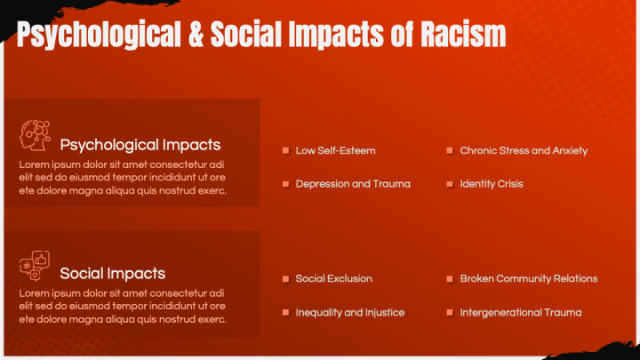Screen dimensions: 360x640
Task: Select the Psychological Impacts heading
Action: [x=140, y=145]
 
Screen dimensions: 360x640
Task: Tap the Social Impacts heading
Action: [x=112, y=273]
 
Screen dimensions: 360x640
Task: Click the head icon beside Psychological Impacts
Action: [x=34, y=136]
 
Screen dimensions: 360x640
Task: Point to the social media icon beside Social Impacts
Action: [x=34, y=265]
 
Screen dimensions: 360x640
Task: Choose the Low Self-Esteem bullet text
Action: [x=335, y=151]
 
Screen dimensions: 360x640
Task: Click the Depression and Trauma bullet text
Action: [x=353, y=184]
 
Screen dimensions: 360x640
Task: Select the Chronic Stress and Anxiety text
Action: [x=524, y=151]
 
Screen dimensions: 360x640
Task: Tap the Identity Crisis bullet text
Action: [x=492, y=184]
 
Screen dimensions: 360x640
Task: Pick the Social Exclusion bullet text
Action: [x=333, y=279]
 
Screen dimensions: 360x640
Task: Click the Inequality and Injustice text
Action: [x=349, y=313]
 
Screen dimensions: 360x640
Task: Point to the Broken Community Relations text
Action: [x=528, y=279]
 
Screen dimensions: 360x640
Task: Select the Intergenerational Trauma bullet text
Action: [x=520, y=313]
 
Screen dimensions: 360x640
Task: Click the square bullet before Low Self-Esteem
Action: [x=286, y=151]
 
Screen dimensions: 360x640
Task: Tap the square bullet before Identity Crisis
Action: [x=451, y=184]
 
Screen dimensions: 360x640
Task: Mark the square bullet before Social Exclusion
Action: [x=286, y=279]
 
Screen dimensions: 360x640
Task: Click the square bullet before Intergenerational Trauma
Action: [x=451, y=313]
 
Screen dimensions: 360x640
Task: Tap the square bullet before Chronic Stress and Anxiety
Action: [x=451, y=151]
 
